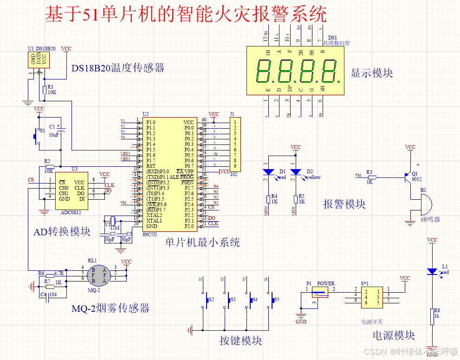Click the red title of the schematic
click(x=186, y=15)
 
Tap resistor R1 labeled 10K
click(x=44, y=90)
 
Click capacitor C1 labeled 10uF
click(x=61, y=131)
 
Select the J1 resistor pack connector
click(x=235, y=144)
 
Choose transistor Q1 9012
click(x=408, y=177)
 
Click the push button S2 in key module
click(x=206, y=300)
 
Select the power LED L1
click(x=432, y=271)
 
